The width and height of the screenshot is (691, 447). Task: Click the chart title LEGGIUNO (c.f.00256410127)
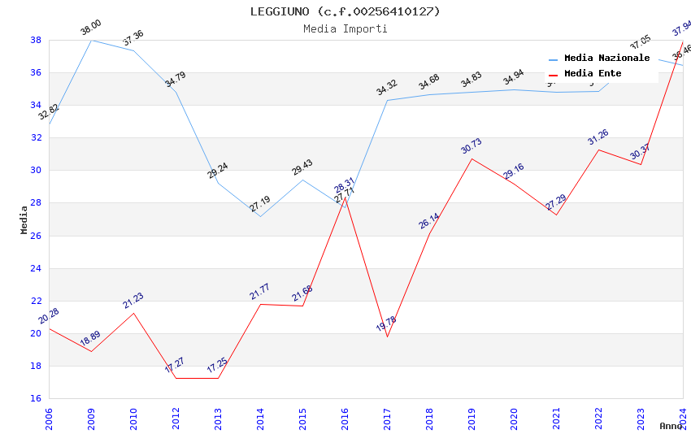click(345, 11)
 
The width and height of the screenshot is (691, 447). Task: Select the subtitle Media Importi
click(345, 28)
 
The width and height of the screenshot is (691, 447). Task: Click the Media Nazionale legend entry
click(606, 59)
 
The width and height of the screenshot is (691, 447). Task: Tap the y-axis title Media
click(24, 219)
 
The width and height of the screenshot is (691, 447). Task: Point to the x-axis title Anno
click(671, 426)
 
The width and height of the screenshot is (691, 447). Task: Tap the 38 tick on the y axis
click(37, 40)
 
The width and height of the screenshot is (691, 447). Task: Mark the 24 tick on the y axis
click(37, 268)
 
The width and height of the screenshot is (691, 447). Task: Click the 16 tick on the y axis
click(37, 398)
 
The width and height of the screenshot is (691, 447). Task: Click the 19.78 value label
click(386, 324)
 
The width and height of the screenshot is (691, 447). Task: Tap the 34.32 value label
click(387, 88)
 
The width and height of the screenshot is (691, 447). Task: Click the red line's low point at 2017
click(388, 336)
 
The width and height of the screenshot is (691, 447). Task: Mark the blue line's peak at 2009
click(91, 40)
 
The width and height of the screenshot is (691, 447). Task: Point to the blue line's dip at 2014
click(260, 216)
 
